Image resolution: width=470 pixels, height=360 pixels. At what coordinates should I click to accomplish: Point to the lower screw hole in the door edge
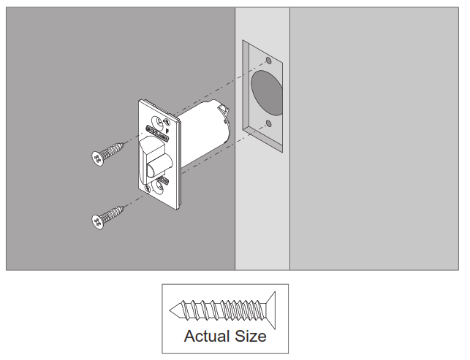pos(268,122)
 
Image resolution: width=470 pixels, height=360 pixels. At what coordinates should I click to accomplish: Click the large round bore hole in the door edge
pos(267,90)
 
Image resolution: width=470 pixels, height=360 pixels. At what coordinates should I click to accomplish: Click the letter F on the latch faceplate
pos(167,132)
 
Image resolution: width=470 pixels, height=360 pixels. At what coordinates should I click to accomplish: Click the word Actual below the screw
pos(206,337)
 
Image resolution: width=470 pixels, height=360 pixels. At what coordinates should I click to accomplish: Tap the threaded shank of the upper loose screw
pos(114,151)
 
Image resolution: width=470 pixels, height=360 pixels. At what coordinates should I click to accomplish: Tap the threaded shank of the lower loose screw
pos(115,213)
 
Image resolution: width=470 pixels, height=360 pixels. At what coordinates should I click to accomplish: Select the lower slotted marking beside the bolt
pos(162,178)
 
